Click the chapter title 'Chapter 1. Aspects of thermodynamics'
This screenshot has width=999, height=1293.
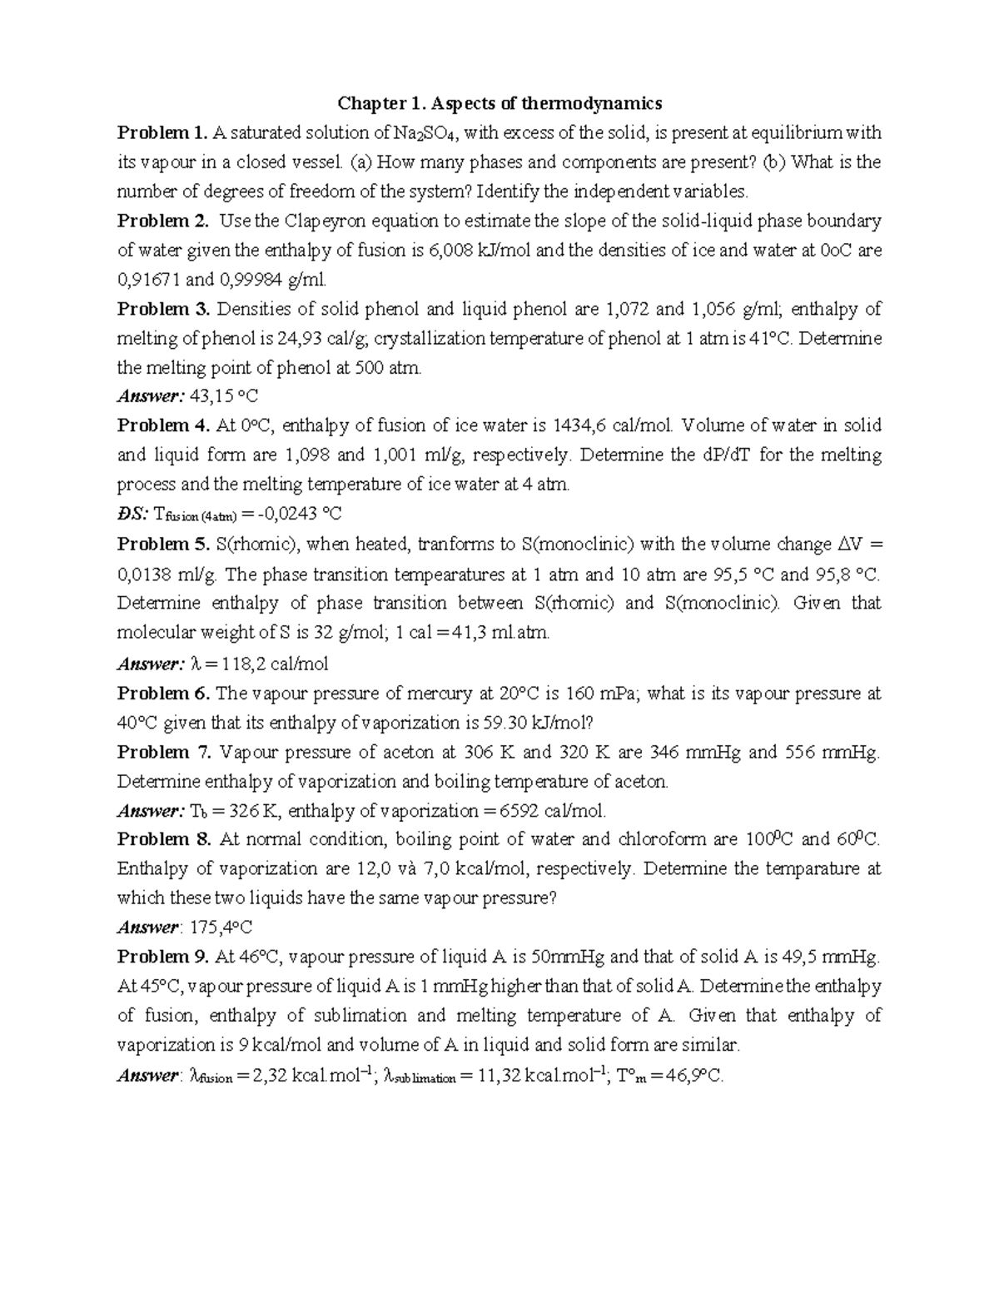499,103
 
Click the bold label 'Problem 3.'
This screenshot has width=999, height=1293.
163,309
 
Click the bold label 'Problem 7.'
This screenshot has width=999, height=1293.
164,752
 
